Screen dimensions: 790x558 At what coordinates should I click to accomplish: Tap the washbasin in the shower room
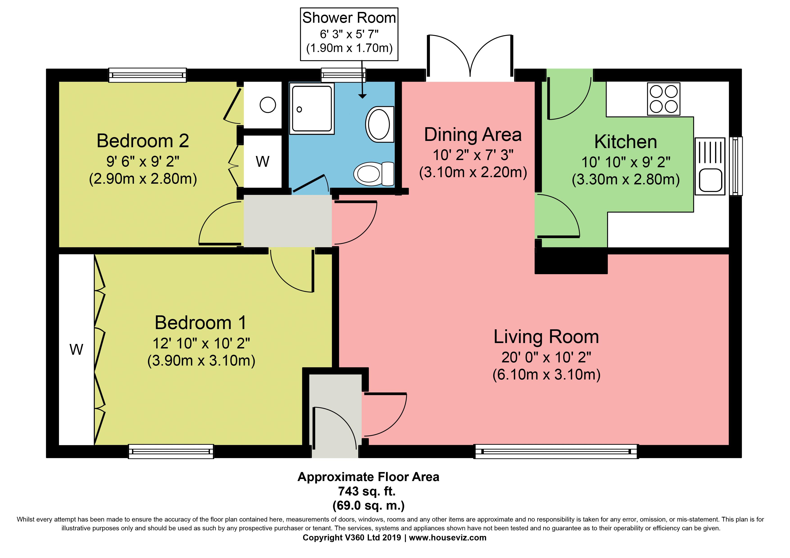coord(379,124)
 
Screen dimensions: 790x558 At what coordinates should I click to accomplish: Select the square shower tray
coord(312,109)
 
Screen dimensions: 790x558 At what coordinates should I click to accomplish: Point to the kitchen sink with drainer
coord(710,166)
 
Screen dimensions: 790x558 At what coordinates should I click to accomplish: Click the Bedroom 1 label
coord(201,323)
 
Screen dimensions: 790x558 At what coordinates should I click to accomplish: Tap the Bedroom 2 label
coord(143,141)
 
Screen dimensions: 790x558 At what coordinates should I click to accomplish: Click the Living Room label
coord(546,337)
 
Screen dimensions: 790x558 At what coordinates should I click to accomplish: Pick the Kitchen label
coord(626,142)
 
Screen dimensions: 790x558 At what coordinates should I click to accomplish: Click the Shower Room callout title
coord(349,18)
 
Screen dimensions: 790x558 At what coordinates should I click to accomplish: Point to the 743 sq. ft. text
coord(367,491)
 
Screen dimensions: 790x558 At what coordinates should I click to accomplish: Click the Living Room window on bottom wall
coord(556,452)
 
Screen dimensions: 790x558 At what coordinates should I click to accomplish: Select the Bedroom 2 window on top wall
coord(148,75)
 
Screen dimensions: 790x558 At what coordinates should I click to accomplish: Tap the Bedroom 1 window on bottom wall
coord(171,452)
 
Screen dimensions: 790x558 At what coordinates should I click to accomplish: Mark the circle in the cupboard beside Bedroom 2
coord(268,105)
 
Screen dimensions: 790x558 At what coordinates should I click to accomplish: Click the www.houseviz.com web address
coord(448,538)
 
